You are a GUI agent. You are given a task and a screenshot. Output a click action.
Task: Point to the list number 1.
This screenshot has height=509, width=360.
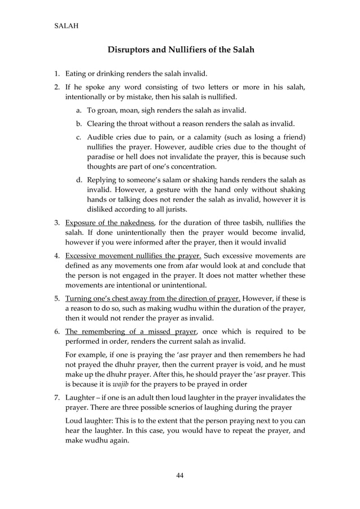pyautogui.click(x=56, y=73)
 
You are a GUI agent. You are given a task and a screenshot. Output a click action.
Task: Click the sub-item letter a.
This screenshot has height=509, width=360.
pyautogui.click(x=78, y=111)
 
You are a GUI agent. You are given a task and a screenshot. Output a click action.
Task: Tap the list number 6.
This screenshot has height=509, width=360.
pyautogui.click(x=56, y=331)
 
